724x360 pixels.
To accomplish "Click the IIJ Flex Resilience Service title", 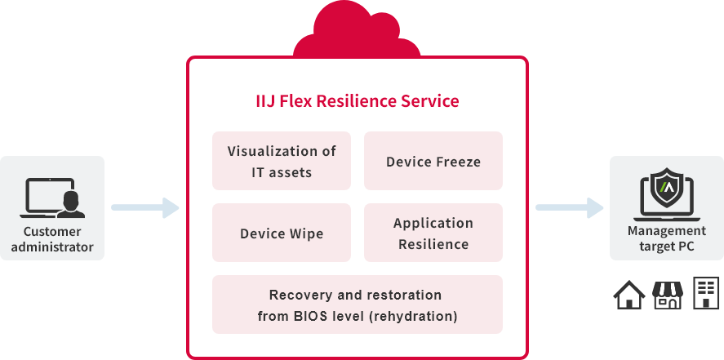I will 357,101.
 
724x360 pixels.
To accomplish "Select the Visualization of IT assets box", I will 281,161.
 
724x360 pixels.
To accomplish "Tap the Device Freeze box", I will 433,161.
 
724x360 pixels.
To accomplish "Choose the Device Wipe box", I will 281,233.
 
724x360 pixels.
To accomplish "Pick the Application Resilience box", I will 433,233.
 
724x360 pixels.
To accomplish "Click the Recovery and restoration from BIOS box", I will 357,304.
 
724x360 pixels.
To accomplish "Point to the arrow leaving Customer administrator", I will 144,208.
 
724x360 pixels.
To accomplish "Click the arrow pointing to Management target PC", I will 569,208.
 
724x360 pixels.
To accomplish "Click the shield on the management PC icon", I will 668,188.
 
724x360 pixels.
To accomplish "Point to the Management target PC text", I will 667,239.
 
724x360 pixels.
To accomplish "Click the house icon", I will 629,296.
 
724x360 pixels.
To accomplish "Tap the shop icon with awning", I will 667,295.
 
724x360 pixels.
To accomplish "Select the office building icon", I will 705,292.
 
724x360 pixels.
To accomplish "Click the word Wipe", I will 305,233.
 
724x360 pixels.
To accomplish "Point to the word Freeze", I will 456,162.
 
